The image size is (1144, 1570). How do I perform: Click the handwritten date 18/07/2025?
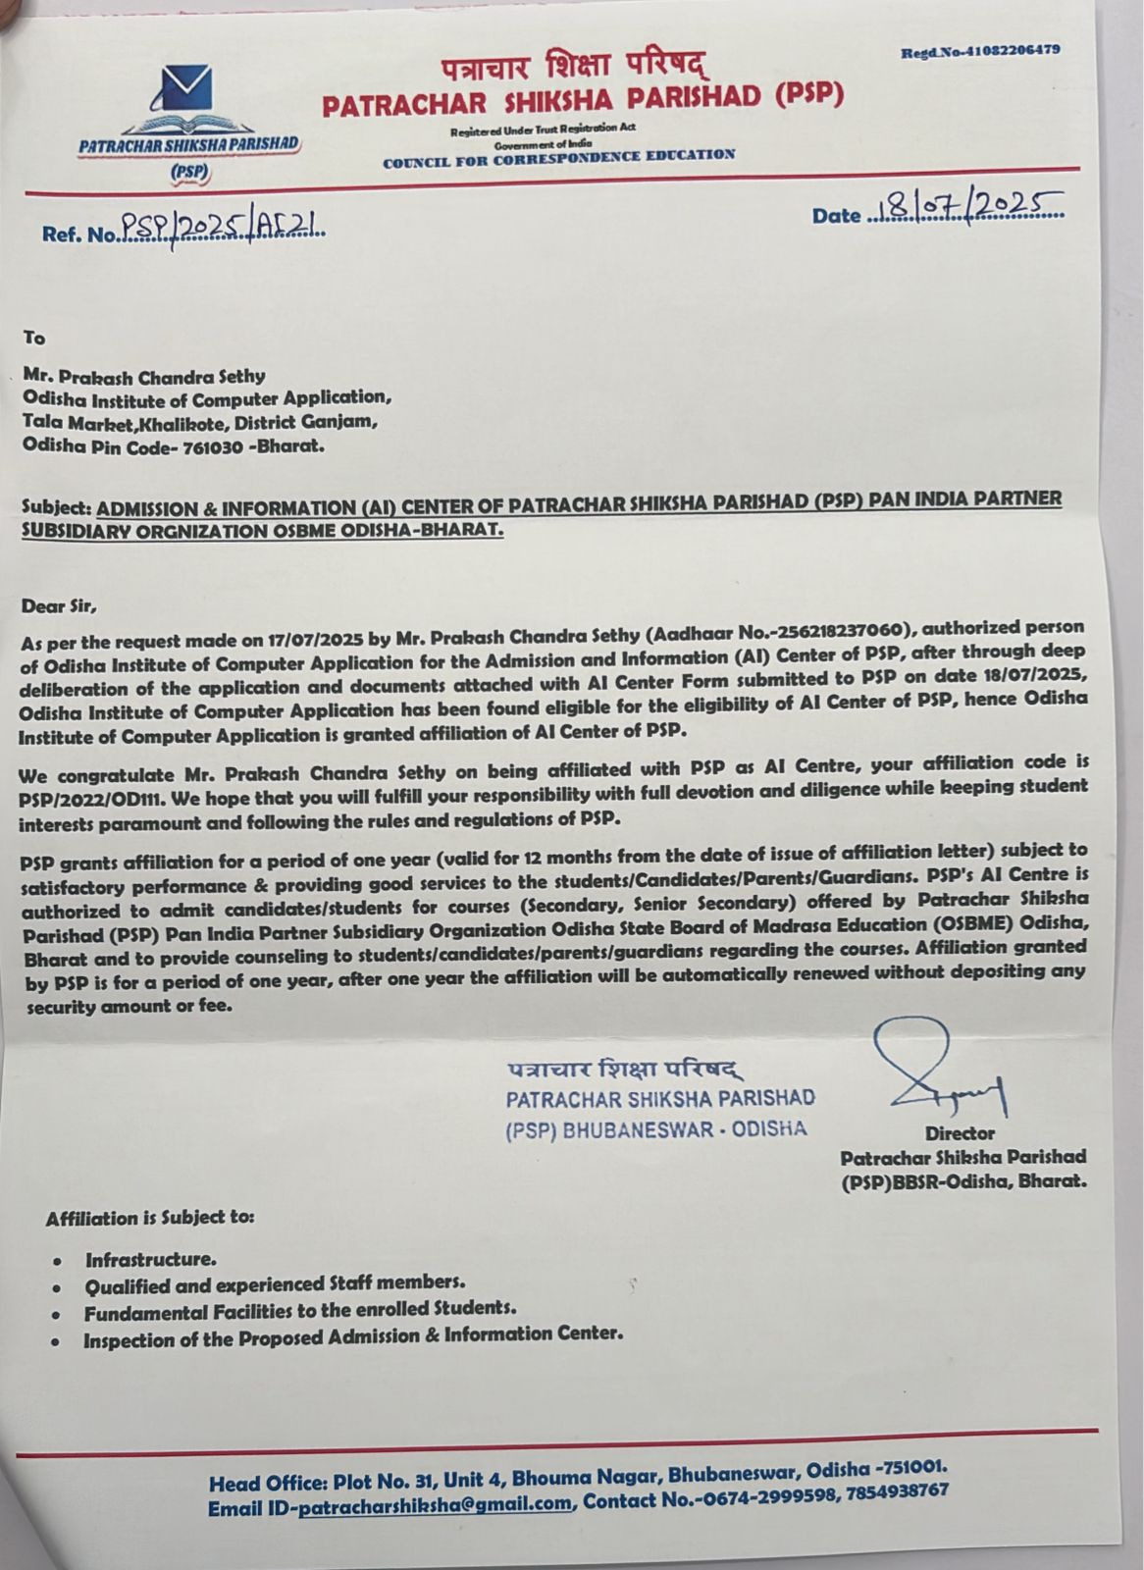click(x=965, y=207)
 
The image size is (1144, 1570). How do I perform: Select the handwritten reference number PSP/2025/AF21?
click(x=222, y=229)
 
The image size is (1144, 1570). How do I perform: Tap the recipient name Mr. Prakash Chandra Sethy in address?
click(x=143, y=376)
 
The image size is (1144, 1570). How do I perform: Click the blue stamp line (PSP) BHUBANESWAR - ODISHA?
click(x=655, y=1129)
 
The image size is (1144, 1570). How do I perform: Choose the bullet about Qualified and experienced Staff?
click(x=274, y=1283)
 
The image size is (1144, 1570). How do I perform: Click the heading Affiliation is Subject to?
click(x=149, y=1218)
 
